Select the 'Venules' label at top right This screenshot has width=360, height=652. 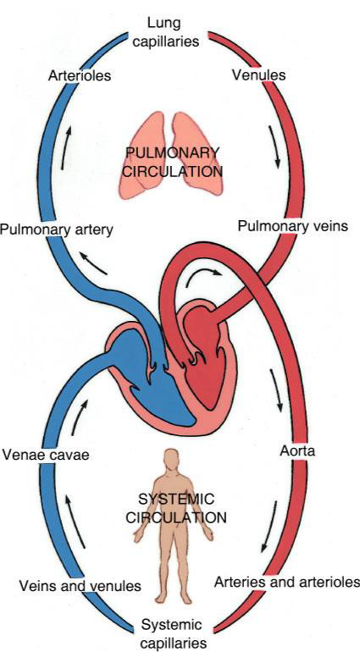[258, 75]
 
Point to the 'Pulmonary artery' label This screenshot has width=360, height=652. [57, 229]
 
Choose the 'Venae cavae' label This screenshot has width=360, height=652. [46, 455]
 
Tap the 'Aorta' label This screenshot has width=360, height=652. [297, 451]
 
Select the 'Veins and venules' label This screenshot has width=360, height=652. [80, 586]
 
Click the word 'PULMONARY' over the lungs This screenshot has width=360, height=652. [173, 152]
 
